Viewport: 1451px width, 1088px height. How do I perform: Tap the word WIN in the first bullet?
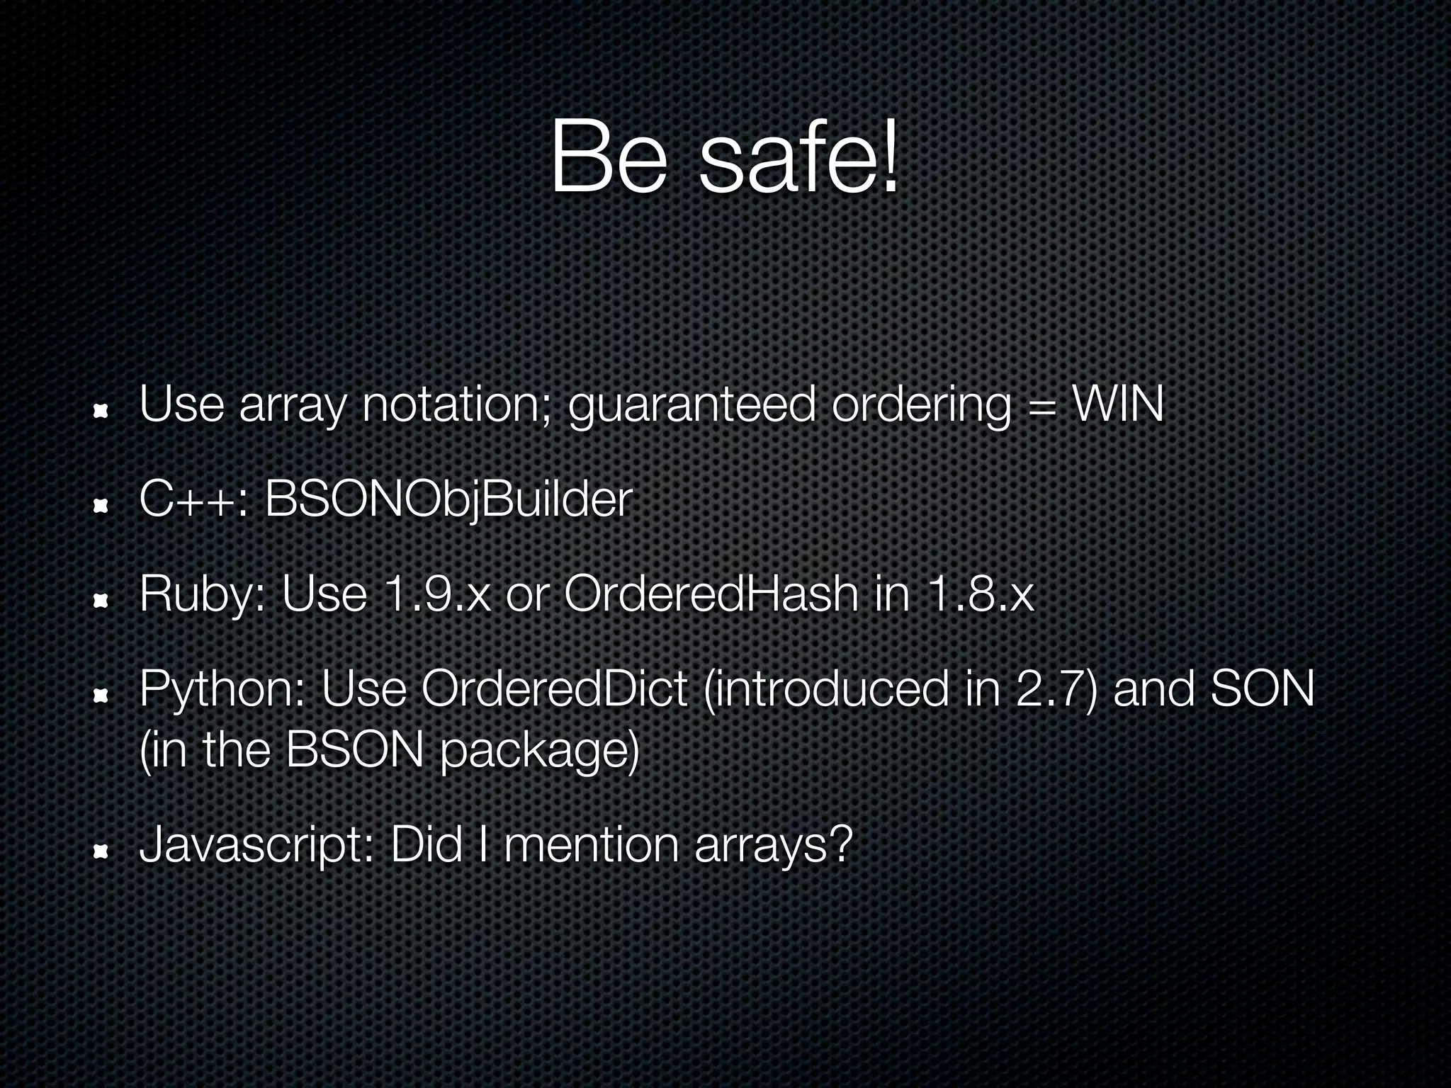(x=1118, y=405)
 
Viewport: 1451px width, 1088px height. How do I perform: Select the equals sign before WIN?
(x=1042, y=407)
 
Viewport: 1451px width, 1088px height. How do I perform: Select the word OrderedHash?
(x=711, y=594)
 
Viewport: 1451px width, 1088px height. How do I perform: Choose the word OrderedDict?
(x=554, y=688)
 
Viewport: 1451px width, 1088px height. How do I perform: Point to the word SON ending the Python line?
(x=1262, y=688)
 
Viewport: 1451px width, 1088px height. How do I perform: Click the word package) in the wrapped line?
(x=539, y=752)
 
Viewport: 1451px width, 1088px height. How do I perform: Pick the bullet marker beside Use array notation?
(x=100, y=411)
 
